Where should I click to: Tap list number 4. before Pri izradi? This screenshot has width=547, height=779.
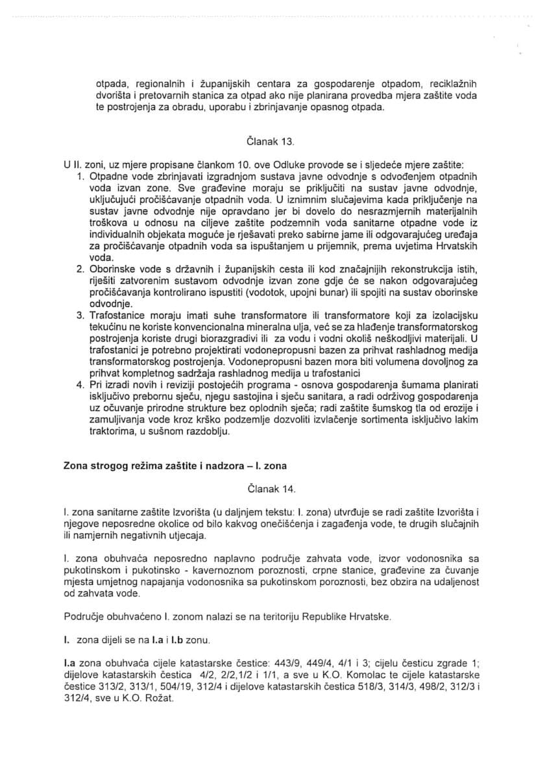[x=82, y=384]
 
